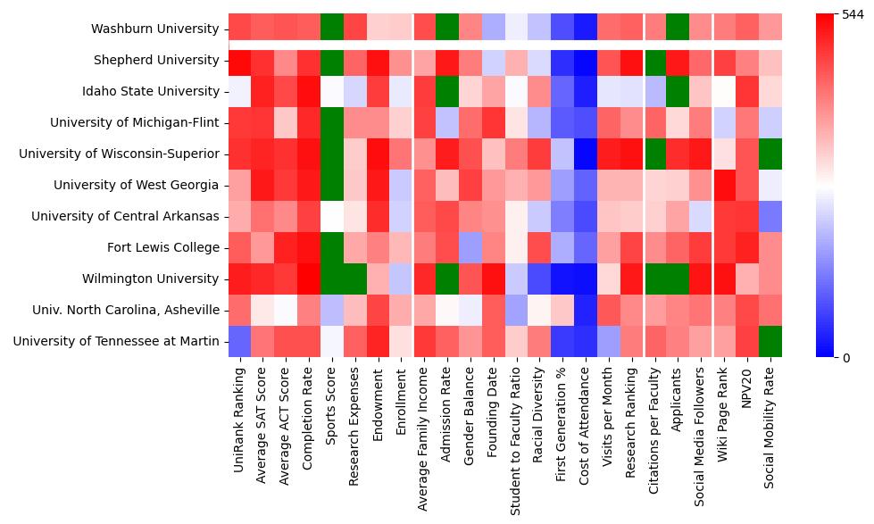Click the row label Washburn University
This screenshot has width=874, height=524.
[155, 29]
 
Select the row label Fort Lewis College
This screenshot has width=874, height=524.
[162, 248]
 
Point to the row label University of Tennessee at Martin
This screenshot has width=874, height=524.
[116, 342]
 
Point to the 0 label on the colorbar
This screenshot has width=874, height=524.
[833, 358]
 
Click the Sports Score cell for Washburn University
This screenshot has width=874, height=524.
[332, 29]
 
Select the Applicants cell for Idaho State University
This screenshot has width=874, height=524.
[678, 92]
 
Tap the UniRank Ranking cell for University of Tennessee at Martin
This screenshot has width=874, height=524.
[239, 342]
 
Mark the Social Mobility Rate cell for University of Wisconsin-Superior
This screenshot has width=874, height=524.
[770, 154]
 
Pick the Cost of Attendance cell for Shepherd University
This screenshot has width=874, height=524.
[586, 61]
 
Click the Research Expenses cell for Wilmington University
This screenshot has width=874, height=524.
[355, 279]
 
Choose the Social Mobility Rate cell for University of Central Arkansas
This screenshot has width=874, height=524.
[770, 217]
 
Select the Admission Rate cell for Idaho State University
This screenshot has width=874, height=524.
[447, 92]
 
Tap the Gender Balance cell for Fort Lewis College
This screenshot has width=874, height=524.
[470, 248]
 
